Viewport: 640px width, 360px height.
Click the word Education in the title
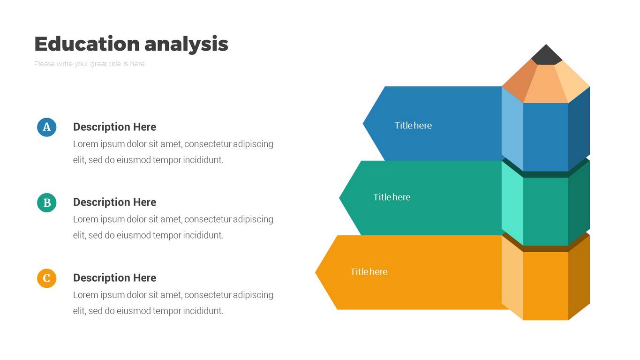pyautogui.click(x=87, y=44)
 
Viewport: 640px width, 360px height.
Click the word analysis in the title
pyautogui.click(x=186, y=44)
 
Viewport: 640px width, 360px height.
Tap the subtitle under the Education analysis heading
pyautogui.click(x=90, y=64)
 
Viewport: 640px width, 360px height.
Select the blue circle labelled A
pyautogui.click(x=47, y=127)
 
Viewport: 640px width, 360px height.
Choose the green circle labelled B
pyautogui.click(x=47, y=202)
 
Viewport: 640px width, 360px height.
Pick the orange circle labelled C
pyautogui.click(x=47, y=278)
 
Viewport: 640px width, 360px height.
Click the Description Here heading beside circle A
pyautogui.click(x=114, y=127)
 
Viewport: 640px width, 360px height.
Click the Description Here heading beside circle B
pyautogui.click(x=114, y=202)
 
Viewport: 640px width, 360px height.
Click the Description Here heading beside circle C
pyautogui.click(x=114, y=278)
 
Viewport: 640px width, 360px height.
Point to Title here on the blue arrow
pyautogui.click(x=413, y=126)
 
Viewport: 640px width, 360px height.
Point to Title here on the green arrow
pyautogui.click(x=392, y=197)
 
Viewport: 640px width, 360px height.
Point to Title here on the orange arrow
pyautogui.click(x=369, y=272)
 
